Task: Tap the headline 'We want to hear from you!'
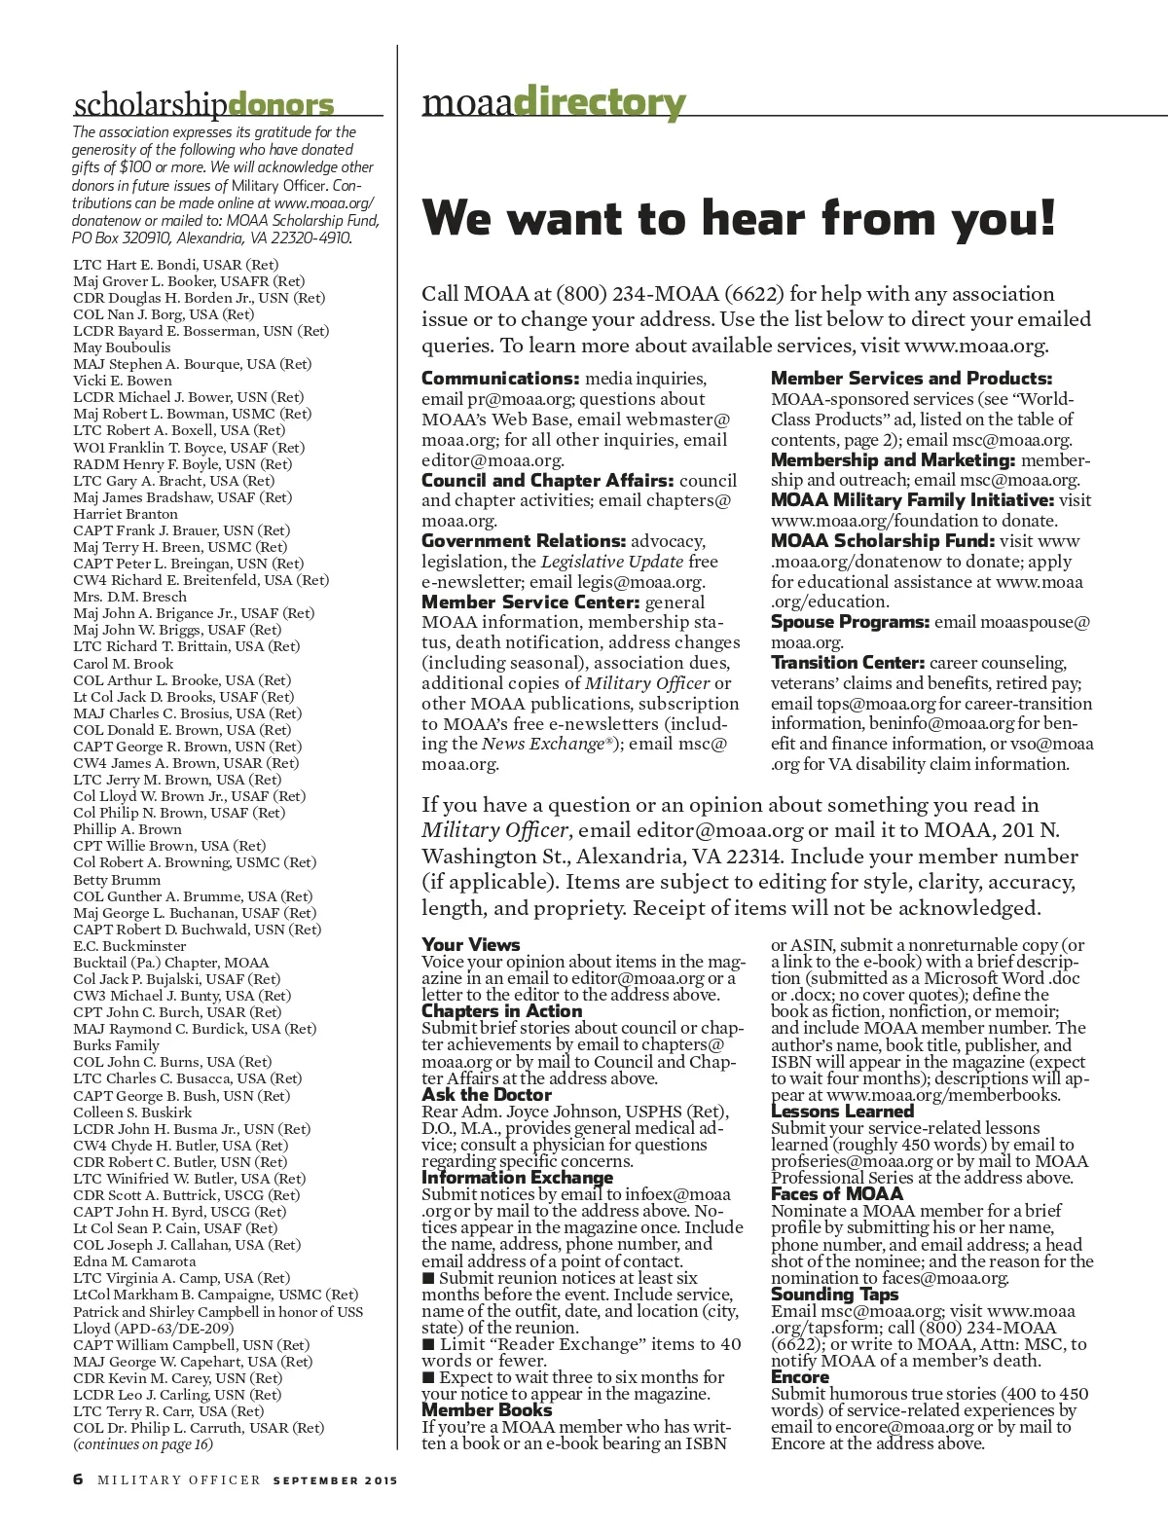point(738,217)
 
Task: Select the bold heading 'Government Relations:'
point(524,541)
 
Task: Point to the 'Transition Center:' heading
point(848,663)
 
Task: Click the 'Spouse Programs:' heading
point(850,622)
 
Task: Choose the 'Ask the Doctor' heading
point(487,1095)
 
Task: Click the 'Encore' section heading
point(800,1376)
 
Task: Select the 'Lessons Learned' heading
point(842,1112)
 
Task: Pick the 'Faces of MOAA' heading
point(837,1194)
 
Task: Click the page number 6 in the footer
point(78,1479)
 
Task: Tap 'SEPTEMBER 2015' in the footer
point(336,1480)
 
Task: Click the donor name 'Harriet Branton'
point(126,514)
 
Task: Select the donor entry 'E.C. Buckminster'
point(129,946)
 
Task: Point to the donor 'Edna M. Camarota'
point(134,1261)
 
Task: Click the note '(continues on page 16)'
point(143,1444)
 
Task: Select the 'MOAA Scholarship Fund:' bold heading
point(883,541)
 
